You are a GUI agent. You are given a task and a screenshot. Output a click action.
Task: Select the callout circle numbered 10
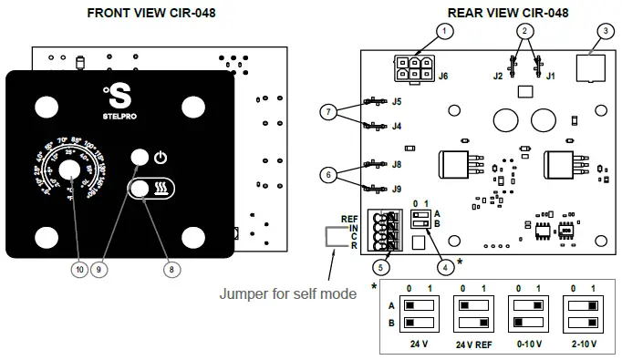click(x=79, y=269)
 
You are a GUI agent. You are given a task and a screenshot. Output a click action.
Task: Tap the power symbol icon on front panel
click(x=161, y=157)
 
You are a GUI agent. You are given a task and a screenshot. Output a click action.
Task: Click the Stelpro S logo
click(x=119, y=95)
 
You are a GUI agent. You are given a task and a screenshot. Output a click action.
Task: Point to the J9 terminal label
click(x=397, y=189)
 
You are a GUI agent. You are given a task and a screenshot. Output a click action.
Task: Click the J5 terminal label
click(x=397, y=101)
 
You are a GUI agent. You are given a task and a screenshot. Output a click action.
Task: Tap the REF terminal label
click(x=348, y=218)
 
